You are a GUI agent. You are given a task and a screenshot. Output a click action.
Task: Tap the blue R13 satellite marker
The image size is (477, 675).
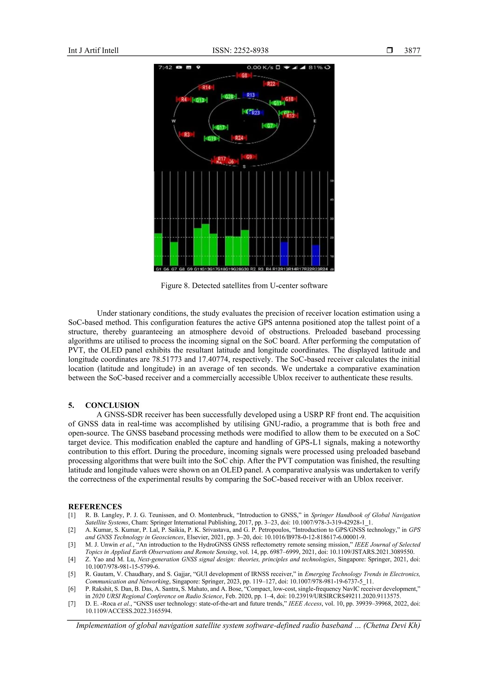coord(250,95)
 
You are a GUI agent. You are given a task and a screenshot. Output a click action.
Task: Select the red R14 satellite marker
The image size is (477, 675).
coord(206,87)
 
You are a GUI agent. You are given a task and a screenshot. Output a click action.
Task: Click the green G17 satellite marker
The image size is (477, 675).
coord(220,127)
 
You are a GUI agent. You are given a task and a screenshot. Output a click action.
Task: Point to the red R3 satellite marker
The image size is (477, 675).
coord(187,135)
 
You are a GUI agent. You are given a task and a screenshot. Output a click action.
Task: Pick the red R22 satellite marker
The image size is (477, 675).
coord(271,84)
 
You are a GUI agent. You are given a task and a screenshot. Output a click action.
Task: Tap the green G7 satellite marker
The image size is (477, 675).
coord(270,126)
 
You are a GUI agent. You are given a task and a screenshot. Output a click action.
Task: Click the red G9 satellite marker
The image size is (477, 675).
coord(249,157)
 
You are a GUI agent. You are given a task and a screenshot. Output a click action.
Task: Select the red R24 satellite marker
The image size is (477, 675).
coord(239,138)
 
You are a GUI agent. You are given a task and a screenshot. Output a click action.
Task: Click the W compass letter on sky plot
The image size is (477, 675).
coord(173,121)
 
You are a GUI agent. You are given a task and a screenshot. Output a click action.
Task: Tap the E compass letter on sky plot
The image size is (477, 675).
coord(315,121)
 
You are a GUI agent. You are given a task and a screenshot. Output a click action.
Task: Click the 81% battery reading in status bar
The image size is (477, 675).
coord(315,67)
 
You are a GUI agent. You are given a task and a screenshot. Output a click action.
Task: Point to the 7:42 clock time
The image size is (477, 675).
coord(165,67)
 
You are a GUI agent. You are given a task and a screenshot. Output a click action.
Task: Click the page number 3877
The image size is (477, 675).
coord(412,51)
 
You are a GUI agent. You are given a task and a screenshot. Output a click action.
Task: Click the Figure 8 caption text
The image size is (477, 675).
coord(244,285)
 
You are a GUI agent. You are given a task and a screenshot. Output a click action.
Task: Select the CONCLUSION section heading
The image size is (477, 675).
coord(112,405)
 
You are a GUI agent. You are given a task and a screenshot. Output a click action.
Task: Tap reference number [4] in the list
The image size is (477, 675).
coord(72,559)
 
